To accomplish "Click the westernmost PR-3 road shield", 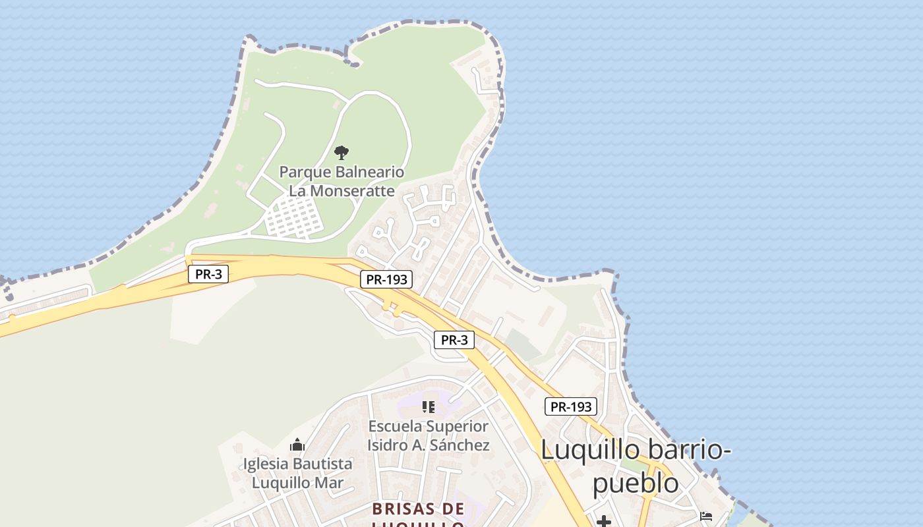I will pyautogui.click(x=208, y=274).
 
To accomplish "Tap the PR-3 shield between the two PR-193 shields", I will pyautogui.click(x=454, y=340).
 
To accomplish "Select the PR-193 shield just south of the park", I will pyautogui.click(x=387, y=279).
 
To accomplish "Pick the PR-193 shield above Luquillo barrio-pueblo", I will pyautogui.click(x=571, y=406).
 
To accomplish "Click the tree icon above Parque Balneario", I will pyautogui.click(x=341, y=153).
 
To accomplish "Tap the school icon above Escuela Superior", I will pyautogui.click(x=429, y=407).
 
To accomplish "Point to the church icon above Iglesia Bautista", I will pyautogui.click(x=297, y=445).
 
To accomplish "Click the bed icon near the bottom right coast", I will pyautogui.click(x=706, y=516).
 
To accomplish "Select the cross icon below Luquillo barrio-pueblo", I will pyautogui.click(x=603, y=522).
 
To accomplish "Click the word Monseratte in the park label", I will pyautogui.click(x=352, y=191).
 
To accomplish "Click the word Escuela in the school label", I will pyautogui.click(x=395, y=427).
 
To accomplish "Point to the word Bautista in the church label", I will pyautogui.click(x=323, y=464).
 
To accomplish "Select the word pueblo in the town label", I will pyautogui.click(x=636, y=484).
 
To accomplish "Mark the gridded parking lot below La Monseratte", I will pyautogui.click(x=295, y=217).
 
